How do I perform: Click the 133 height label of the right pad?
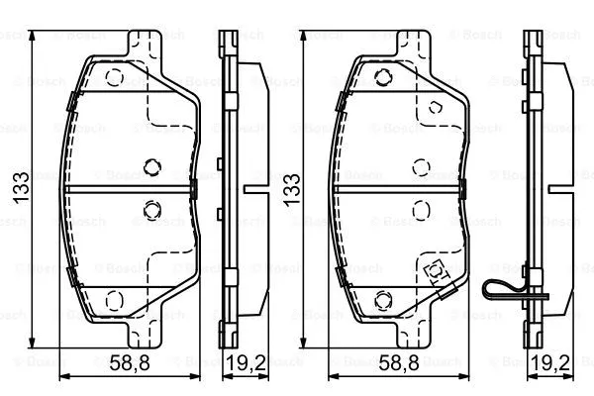(x=292, y=188)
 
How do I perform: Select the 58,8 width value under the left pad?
(x=129, y=362)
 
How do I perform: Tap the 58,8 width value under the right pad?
(x=399, y=362)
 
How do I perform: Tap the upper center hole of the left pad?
(x=151, y=166)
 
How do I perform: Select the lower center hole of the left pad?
(x=151, y=208)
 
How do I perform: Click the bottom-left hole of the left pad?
(x=112, y=298)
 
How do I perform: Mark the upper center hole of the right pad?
(x=421, y=166)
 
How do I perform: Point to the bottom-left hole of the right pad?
(x=382, y=298)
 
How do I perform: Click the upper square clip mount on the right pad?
(x=432, y=106)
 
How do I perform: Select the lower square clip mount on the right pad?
(x=433, y=269)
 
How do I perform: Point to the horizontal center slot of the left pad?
(x=129, y=187)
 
